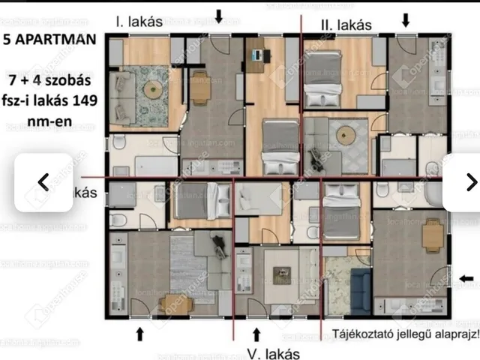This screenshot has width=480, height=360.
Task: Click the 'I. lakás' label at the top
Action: click(x=139, y=22)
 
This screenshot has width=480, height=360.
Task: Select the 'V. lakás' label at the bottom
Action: click(x=274, y=353)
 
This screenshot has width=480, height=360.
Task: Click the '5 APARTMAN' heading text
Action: click(x=49, y=40)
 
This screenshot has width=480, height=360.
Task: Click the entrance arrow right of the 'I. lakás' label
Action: click(x=219, y=16)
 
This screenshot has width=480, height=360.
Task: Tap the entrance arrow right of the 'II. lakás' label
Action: click(x=406, y=20)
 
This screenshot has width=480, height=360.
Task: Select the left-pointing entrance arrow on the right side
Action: click(x=466, y=279)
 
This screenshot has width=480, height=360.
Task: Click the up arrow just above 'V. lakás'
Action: click(x=256, y=332)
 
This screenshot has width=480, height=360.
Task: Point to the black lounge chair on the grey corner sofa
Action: click(x=218, y=244)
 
